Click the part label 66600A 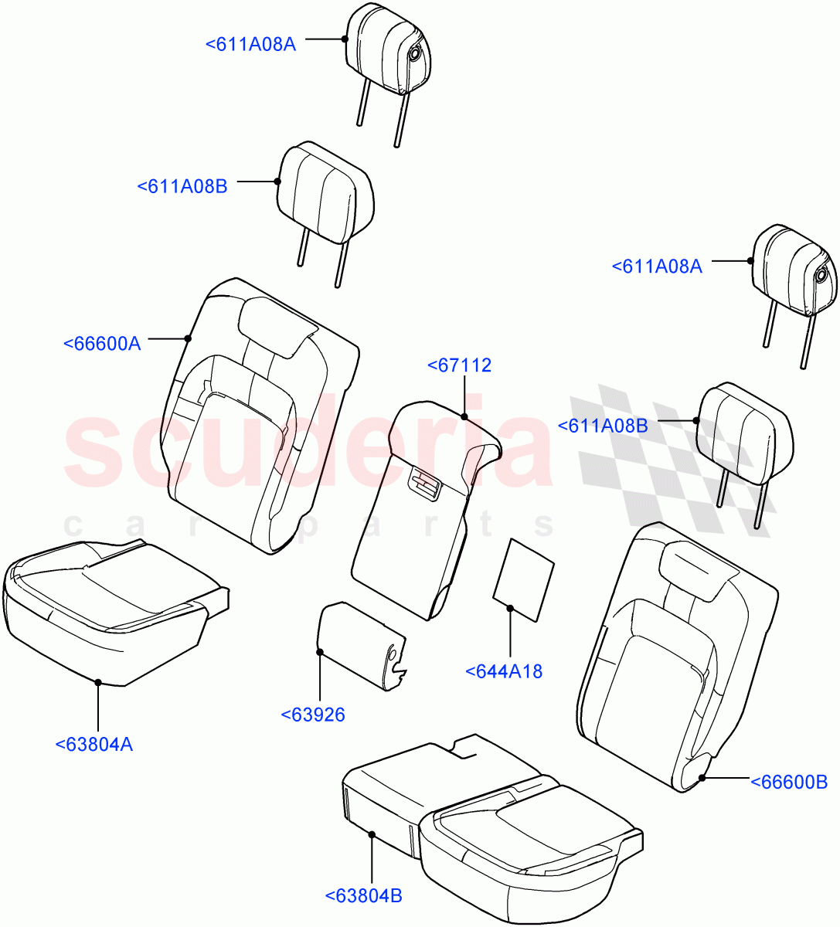tap(102, 344)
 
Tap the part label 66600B tap(789, 783)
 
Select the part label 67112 tap(459, 366)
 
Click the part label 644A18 tap(504, 672)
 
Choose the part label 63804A tap(94, 745)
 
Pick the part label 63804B tap(363, 896)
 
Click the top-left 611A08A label tap(250, 44)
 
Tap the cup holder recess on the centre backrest tap(424, 484)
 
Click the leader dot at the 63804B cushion tap(372, 834)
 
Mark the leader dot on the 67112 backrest tap(464, 417)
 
